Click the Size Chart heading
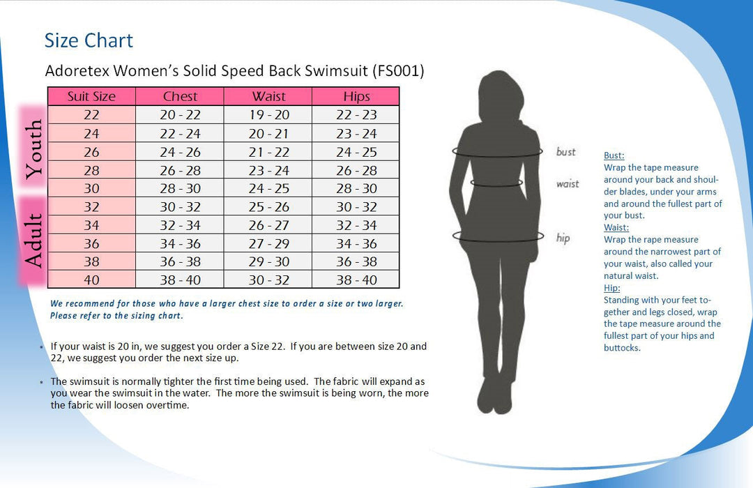point(89,40)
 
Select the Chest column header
point(180,97)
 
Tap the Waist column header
point(268,97)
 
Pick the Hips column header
point(356,97)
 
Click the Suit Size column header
point(91,97)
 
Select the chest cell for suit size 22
point(180,115)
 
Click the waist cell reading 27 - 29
point(268,243)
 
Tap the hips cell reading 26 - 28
point(356,170)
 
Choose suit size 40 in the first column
point(91,280)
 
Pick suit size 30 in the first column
point(91,188)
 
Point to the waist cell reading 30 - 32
point(268,280)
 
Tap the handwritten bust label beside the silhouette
point(565,152)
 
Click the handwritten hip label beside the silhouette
point(563,238)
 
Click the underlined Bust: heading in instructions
point(614,155)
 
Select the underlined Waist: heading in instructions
point(616,227)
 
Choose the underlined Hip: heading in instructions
point(611,288)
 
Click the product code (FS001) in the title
point(398,71)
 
